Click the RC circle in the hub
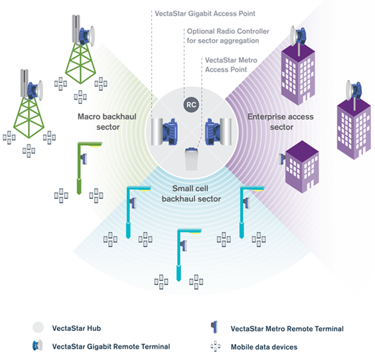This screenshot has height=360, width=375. (x=191, y=104)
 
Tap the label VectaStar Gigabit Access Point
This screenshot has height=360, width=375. (x=205, y=13)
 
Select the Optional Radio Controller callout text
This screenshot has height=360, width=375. (x=228, y=36)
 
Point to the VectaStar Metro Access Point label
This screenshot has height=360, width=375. (x=231, y=64)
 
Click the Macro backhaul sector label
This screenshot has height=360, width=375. (x=107, y=122)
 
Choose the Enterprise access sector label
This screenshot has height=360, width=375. (x=281, y=122)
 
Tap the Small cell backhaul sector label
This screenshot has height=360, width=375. (x=191, y=193)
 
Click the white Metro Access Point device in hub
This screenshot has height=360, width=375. (x=192, y=159)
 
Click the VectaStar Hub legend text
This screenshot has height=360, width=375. (x=76, y=328)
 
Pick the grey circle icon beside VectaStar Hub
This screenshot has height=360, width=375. (x=38, y=327)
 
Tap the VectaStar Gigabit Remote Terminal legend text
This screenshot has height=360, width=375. (x=111, y=346)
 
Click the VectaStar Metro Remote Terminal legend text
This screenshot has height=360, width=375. (x=287, y=329)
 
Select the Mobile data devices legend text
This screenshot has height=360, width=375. (x=264, y=347)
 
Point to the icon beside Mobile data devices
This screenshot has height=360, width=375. (x=216, y=346)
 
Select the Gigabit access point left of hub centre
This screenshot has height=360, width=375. (x=164, y=132)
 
